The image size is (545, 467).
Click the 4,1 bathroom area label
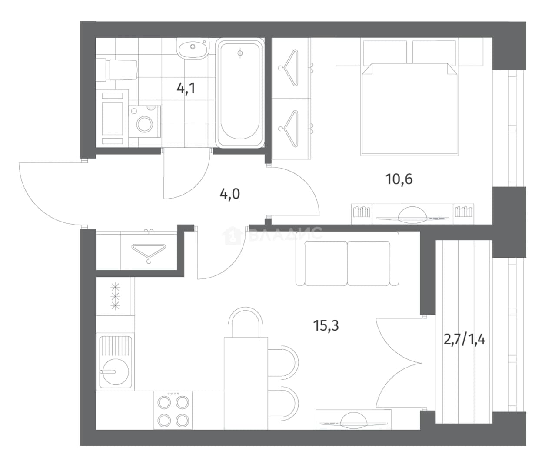tap(186, 88)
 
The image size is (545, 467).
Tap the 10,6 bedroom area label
tap(399, 179)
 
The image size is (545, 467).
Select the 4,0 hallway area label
tap(229, 194)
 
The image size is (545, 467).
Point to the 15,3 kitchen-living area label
tap(326, 325)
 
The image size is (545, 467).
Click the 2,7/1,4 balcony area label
tap(464, 340)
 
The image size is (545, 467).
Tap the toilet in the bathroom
tap(116, 70)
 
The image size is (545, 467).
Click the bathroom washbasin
tap(193, 49)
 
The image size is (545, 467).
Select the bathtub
tap(239, 93)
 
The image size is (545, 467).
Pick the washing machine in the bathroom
tap(144, 122)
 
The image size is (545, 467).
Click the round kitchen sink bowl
tap(115, 371)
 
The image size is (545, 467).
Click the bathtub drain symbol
tap(239, 53)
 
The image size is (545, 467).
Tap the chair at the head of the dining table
tap(245, 322)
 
